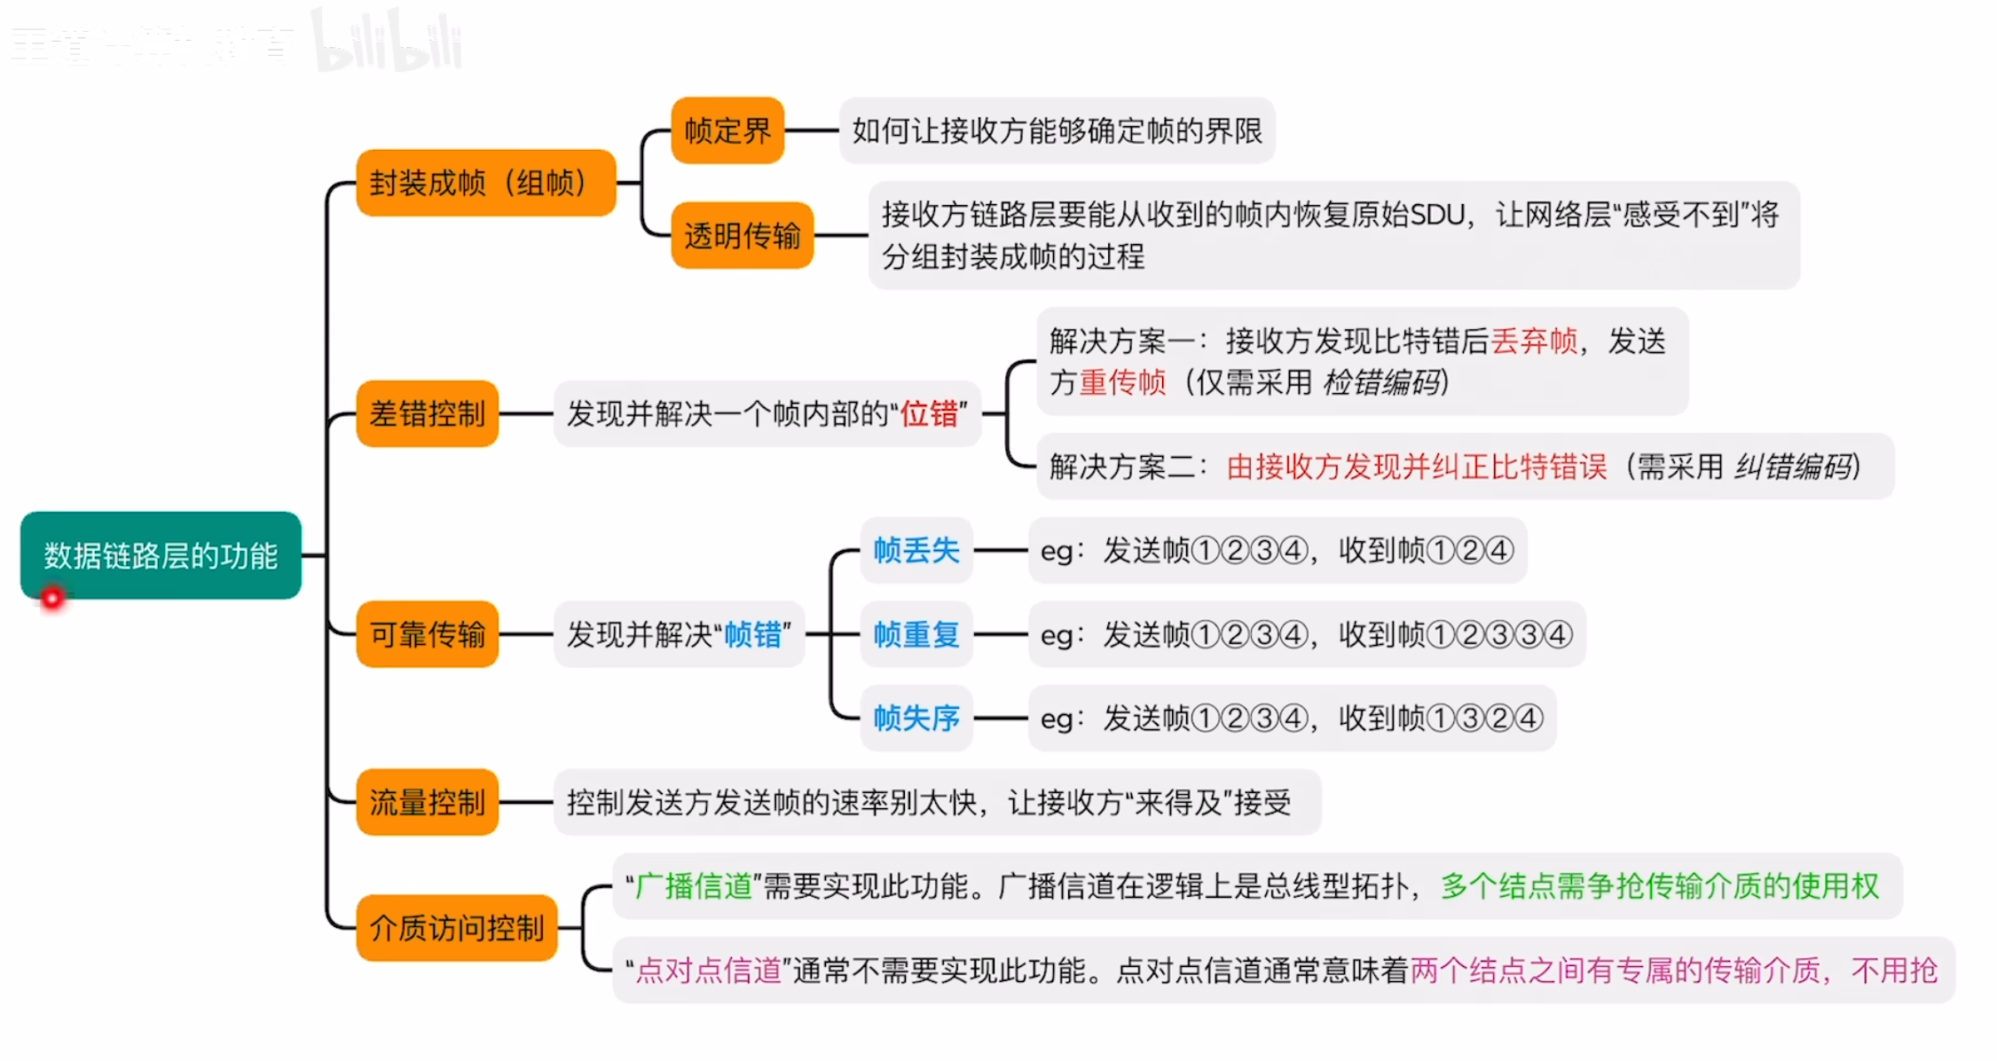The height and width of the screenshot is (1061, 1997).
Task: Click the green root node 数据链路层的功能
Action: click(161, 555)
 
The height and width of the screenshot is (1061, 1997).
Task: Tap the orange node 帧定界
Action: click(727, 130)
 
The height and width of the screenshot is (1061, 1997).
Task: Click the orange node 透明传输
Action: click(743, 235)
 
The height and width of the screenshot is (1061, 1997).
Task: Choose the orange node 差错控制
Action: click(427, 413)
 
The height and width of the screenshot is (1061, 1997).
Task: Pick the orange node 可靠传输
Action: click(427, 634)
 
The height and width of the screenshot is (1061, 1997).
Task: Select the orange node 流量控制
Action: click(427, 802)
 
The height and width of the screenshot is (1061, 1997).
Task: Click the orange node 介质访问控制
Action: click(456, 928)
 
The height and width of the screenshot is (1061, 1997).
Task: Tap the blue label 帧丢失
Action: click(916, 550)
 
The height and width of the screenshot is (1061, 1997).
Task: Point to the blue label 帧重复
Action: click(916, 634)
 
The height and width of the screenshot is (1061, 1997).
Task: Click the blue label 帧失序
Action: click(916, 718)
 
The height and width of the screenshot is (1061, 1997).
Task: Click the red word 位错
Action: click(929, 413)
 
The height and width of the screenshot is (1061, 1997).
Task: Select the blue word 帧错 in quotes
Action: click(752, 634)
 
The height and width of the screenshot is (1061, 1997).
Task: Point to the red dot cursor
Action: click(52, 599)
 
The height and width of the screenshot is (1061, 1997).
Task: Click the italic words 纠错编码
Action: click(1793, 466)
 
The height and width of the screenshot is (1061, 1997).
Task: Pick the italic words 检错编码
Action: click(1381, 382)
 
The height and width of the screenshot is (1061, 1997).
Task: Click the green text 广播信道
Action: click(695, 885)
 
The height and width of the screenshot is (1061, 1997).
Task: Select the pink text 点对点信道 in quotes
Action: click(708, 970)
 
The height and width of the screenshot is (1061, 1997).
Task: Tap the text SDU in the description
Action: click(1436, 215)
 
